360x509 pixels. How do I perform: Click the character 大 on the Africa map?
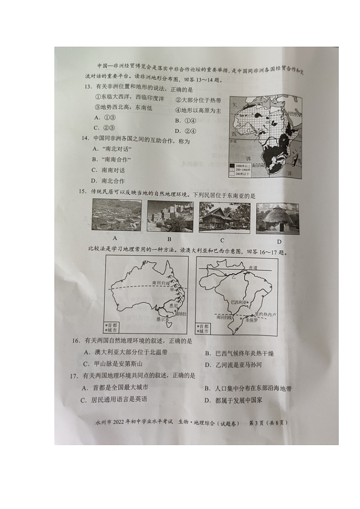(235, 105)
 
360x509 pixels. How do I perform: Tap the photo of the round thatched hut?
(277, 218)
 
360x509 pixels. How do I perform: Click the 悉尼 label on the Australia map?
(173, 305)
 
